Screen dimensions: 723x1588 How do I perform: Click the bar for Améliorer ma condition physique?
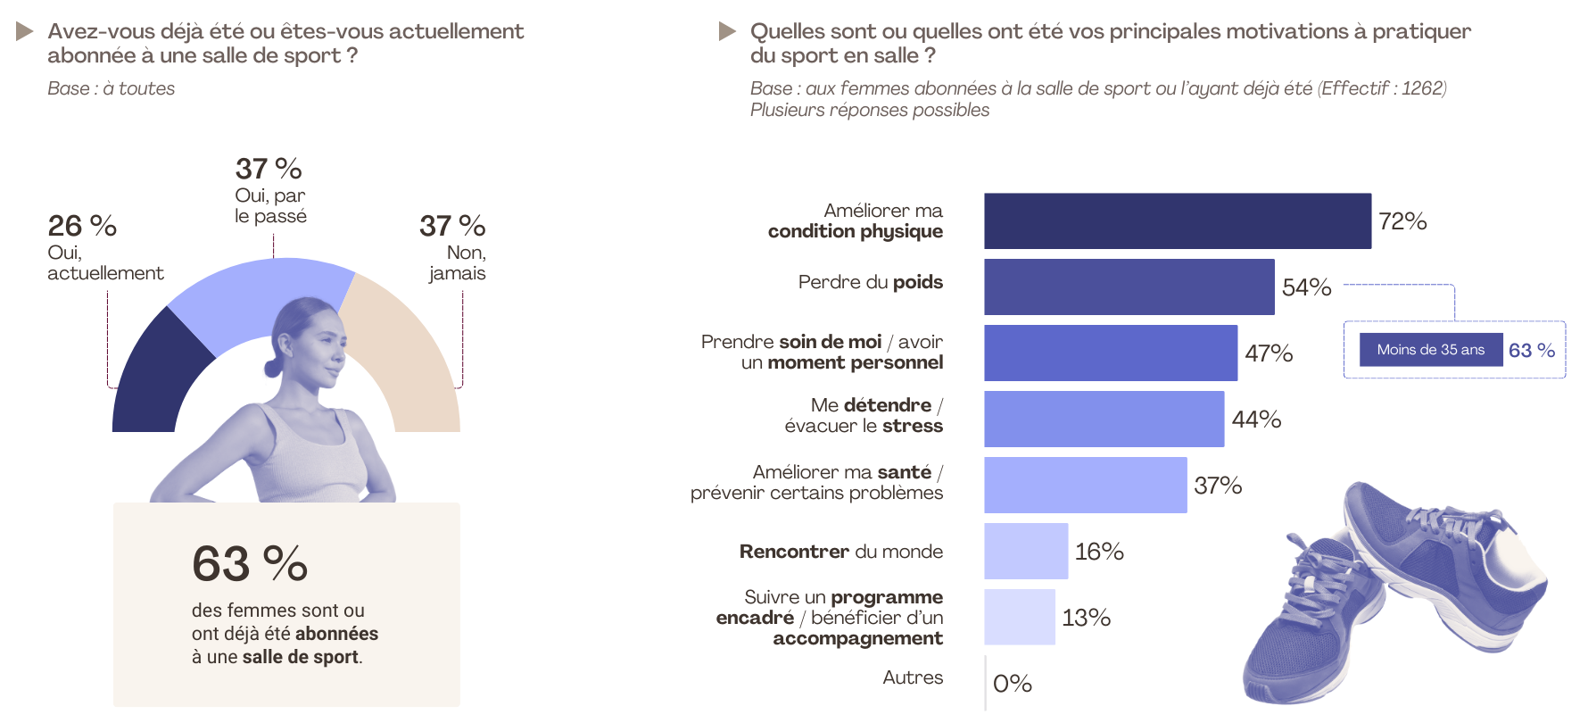pos(1177,220)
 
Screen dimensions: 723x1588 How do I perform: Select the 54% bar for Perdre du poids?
pos(1129,287)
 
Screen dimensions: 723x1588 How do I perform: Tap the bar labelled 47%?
pos(1110,353)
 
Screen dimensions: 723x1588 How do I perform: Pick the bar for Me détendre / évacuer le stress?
pos(1104,419)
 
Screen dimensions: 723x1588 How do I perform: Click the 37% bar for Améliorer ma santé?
pos(1085,485)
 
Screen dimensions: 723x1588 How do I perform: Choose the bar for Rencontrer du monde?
pos(1026,551)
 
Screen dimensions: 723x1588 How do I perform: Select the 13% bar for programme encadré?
pos(1020,617)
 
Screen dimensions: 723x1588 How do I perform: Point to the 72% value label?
pos(1402,221)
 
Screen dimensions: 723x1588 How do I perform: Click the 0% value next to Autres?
pos(1013,684)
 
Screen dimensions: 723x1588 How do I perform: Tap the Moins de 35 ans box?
pos(1430,350)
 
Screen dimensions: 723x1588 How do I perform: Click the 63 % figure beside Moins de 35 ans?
pos(1532,351)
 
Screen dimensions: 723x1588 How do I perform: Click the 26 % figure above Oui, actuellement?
pos(82,226)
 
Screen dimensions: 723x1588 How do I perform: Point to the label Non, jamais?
pos(459,263)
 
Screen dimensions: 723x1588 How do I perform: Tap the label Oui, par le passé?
pos(270,206)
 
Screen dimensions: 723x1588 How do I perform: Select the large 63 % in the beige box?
pos(250,564)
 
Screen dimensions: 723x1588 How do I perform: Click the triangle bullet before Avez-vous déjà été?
pos(25,32)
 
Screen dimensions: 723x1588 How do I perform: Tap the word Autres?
pos(913,677)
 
